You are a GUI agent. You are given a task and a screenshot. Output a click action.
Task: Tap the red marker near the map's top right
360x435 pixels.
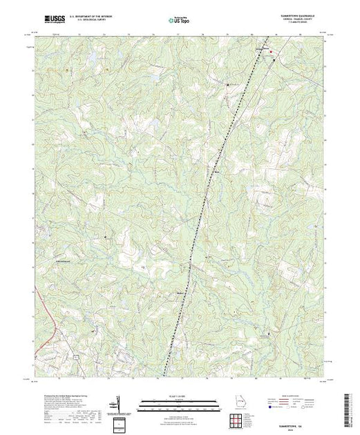click(x=272, y=52)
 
